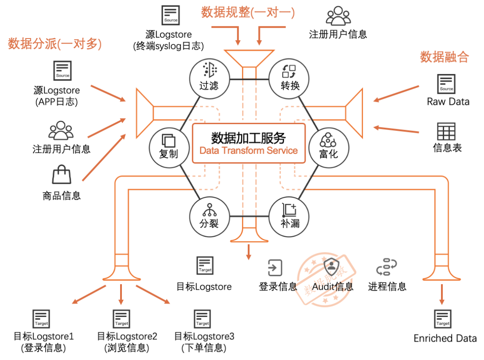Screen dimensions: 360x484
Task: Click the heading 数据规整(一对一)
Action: (247, 13)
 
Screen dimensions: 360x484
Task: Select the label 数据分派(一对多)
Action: (55, 44)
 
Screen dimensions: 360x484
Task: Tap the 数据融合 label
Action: (444, 57)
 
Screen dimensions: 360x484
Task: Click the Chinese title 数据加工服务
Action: (248, 138)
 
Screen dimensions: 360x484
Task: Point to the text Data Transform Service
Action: (248, 151)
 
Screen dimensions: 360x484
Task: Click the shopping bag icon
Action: (61, 174)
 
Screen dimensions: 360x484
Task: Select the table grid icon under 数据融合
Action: (446, 131)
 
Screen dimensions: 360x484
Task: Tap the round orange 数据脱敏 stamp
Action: (325, 279)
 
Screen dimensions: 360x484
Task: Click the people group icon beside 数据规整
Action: (338, 15)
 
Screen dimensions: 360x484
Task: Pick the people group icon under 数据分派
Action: (61, 130)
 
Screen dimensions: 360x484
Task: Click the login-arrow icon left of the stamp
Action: (275, 268)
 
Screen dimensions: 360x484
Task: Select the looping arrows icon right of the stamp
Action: (387, 267)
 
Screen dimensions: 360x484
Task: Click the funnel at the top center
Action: (249, 57)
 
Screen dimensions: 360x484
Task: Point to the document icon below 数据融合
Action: (446, 84)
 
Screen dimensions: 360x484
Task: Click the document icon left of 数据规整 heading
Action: (170, 15)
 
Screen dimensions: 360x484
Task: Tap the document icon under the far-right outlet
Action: (442, 319)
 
